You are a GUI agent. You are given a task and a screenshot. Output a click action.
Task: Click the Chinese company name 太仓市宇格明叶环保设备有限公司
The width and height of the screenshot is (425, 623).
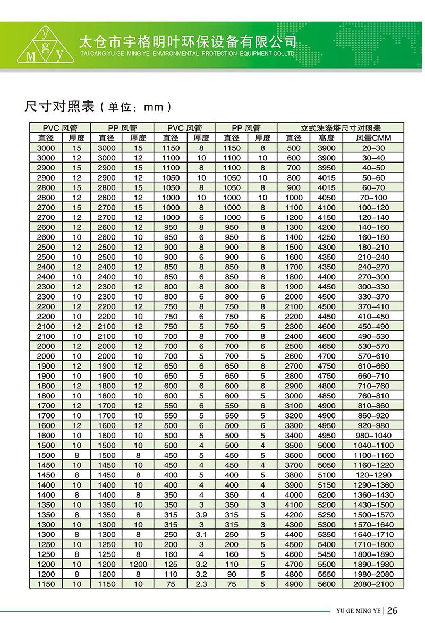point(187,41)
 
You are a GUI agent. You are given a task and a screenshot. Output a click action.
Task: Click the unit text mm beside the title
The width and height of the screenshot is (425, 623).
point(154,107)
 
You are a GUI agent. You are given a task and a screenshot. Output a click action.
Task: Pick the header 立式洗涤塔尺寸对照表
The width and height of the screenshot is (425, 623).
point(341,128)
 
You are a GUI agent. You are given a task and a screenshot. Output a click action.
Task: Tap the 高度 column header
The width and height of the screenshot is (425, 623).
point(326,138)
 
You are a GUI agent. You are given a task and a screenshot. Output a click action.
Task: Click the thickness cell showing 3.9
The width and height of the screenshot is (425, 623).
point(201,515)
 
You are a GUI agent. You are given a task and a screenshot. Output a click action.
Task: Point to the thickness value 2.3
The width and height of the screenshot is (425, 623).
point(201,584)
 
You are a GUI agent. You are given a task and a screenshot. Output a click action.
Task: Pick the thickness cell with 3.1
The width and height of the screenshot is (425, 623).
point(201,535)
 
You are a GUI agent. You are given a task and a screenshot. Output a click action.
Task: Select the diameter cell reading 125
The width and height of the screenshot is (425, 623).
point(170,565)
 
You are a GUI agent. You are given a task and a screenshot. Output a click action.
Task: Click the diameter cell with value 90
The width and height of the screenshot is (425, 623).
point(232,574)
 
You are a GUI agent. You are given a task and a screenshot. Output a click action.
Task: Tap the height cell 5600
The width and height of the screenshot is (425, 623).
point(326,584)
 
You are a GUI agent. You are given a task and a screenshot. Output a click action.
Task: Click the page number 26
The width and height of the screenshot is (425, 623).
point(393,610)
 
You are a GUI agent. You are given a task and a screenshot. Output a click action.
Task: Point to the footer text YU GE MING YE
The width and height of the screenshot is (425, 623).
point(359,611)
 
